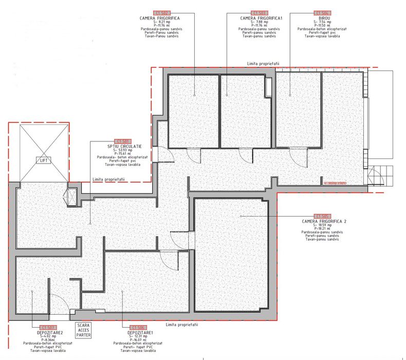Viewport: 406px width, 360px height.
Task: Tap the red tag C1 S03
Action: coord(261,12)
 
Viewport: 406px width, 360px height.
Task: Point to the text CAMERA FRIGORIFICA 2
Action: coord(324,222)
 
